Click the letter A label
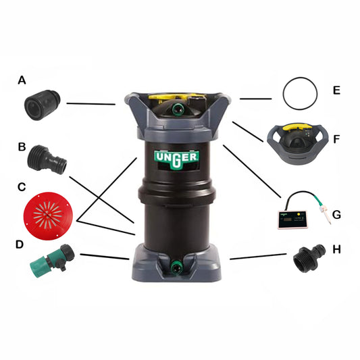click(x=22, y=80)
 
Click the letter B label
click(x=22, y=146)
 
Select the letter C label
click(x=22, y=186)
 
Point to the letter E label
click(x=336, y=90)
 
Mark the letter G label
click(x=336, y=214)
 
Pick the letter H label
click(x=336, y=249)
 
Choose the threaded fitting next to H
click(x=309, y=259)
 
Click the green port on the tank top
click(x=179, y=107)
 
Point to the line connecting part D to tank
click(x=104, y=257)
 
